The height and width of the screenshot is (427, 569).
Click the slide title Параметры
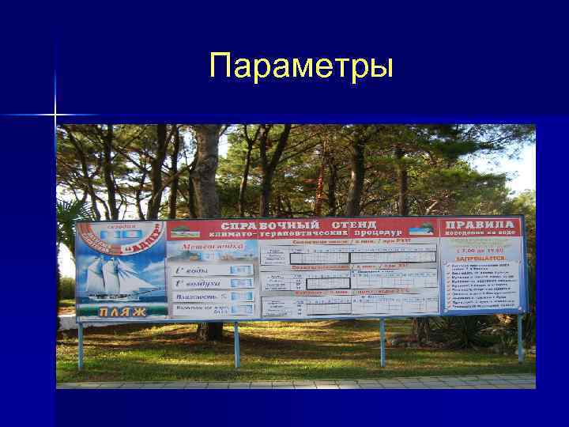(301, 66)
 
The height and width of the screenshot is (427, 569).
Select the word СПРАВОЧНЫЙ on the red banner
(262, 225)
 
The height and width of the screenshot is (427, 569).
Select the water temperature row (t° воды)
(211, 270)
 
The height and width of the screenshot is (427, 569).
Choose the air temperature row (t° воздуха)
(211, 282)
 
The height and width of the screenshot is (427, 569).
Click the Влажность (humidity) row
(211, 296)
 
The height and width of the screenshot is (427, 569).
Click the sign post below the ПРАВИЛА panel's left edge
(382, 341)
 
